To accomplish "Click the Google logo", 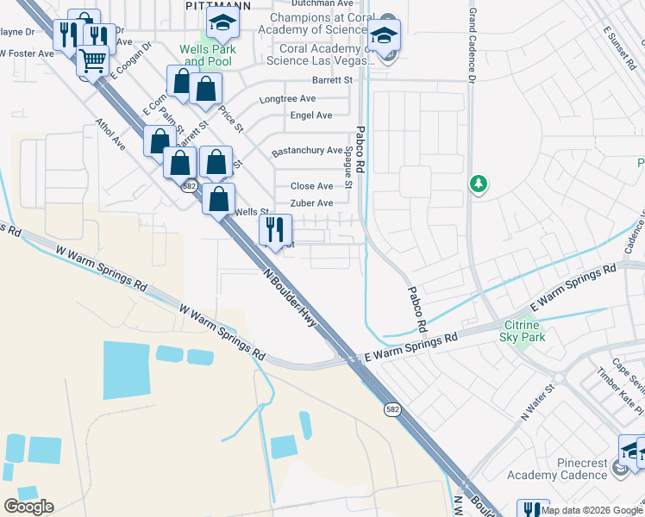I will [28, 507].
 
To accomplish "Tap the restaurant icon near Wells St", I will [275, 230].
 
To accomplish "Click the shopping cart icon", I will [92, 61].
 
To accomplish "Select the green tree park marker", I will [477, 184].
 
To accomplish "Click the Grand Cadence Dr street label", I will [472, 47].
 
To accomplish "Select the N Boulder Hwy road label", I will [290, 297].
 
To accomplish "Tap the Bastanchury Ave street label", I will [307, 151].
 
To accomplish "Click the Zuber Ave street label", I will [311, 203].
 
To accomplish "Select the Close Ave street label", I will [311, 186].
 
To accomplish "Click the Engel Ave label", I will [311, 115].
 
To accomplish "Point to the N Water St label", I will [535, 402].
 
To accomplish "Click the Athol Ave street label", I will [110, 134].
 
